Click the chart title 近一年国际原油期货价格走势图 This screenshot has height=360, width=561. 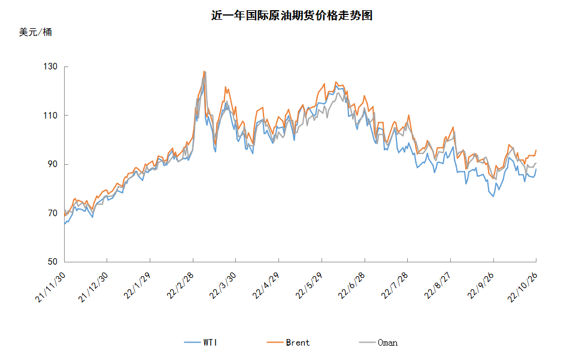click(x=292, y=16)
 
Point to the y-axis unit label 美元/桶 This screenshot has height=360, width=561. click(x=35, y=32)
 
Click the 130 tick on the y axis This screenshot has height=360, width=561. click(x=50, y=66)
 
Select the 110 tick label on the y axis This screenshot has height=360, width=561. click(x=50, y=115)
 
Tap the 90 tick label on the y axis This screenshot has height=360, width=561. click(x=53, y=164)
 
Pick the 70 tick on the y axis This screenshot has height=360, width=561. click(x=53, y=213)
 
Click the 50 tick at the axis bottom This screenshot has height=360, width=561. click(x=53, y=262)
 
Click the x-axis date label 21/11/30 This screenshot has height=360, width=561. click(x=50, y=288)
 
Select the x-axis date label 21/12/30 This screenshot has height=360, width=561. click(x=93, y=288)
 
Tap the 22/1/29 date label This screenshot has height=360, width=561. click(x=138, y=286)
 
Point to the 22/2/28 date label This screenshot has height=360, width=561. click(x=181, y=286)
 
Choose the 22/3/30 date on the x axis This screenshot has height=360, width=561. click(x=223, y=286)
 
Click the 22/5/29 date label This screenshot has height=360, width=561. click(x=310, y=286)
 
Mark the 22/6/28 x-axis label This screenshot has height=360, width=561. click(x=353, y=286)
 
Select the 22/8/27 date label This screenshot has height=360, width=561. click(x=438, y=286)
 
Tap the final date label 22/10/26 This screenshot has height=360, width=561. click(x=523, y=288)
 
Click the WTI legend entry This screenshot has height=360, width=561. click(x=201, y=343)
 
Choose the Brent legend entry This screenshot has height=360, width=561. click(x=289, y=343)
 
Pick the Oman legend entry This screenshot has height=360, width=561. click(x=378, y=343)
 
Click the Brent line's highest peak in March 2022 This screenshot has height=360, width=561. click(x=204, y=71)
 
